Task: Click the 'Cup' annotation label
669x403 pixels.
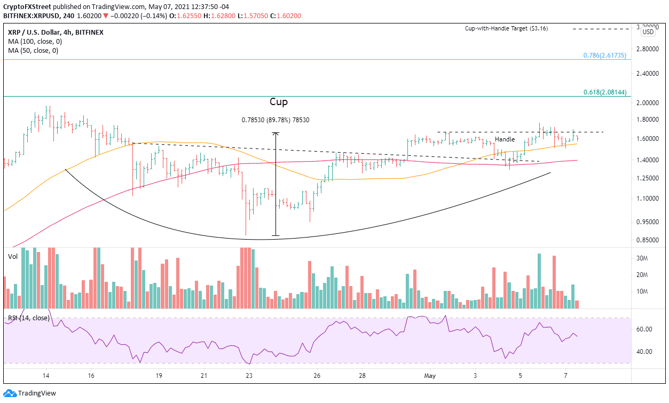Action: click(278, 101)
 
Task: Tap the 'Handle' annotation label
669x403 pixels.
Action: click(504, 139)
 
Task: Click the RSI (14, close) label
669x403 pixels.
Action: click(28, 318)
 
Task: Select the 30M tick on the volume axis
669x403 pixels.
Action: click(642, 258)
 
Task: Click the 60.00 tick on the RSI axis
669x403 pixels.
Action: click(643, 329)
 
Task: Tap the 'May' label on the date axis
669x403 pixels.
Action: click(429, 376)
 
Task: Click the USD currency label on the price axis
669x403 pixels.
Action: click(648, 32)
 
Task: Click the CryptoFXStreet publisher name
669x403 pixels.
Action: click(25, 6)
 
